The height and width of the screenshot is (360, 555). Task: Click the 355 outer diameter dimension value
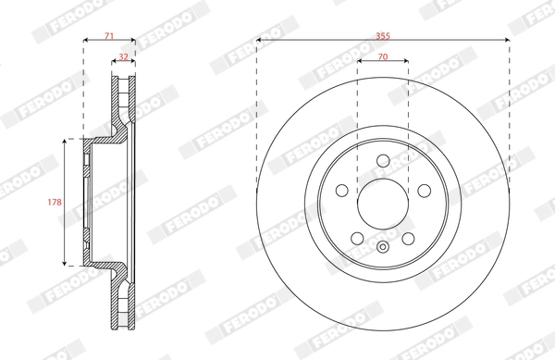pos(383,33)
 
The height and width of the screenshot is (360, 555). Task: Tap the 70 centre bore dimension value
pos(383,57)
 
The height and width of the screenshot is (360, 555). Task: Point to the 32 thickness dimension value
pos(124,57)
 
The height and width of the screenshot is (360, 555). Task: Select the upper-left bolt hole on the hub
pos(341,190)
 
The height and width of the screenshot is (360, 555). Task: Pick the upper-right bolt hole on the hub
pos(425,190)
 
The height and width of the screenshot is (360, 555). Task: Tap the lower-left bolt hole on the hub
pos(357,238)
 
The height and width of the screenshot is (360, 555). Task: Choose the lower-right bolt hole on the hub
pos(408,238)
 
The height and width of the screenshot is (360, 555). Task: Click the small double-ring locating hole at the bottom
pos(383,246)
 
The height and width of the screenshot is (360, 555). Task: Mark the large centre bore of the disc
pos(383,204)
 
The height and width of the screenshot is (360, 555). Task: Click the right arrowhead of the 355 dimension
pos(506,41)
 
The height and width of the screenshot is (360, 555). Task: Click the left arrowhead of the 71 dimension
pos(86,41)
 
